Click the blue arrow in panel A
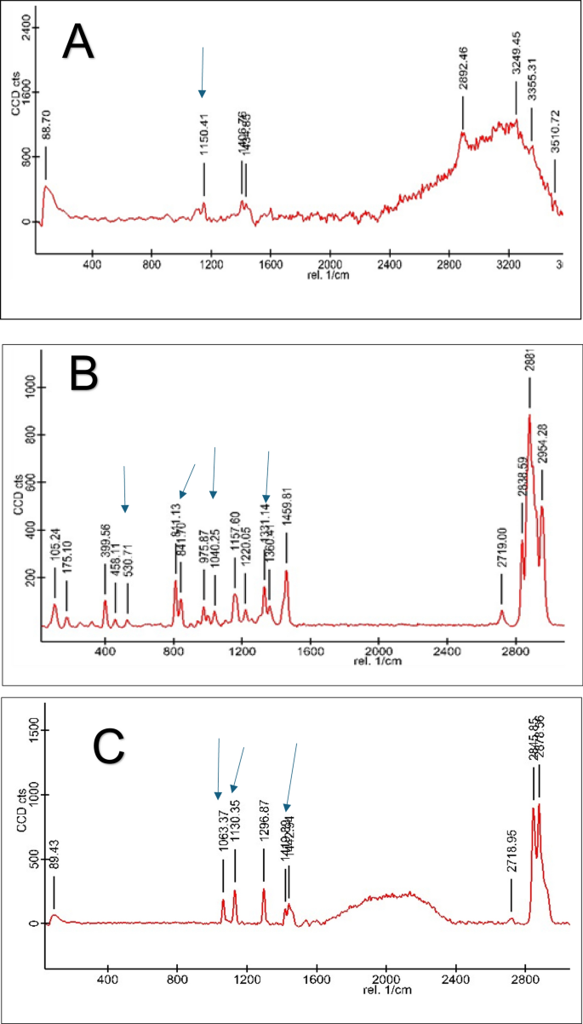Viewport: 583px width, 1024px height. (x=203, y=72)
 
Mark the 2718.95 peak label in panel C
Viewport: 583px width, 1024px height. (x=512, y=862)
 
